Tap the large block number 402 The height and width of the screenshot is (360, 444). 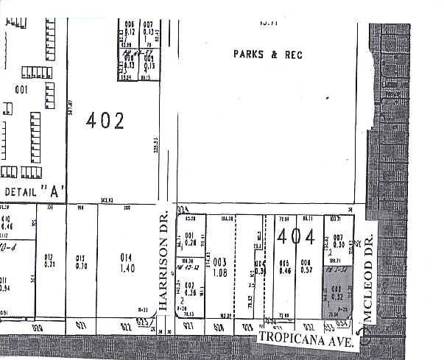pyautogui.click(x=105, y=121)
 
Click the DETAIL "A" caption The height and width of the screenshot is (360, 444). pyautogui.click(x=35, y=191)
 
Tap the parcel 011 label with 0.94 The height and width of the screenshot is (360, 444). pyautogui.click(x=5, y=284)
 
